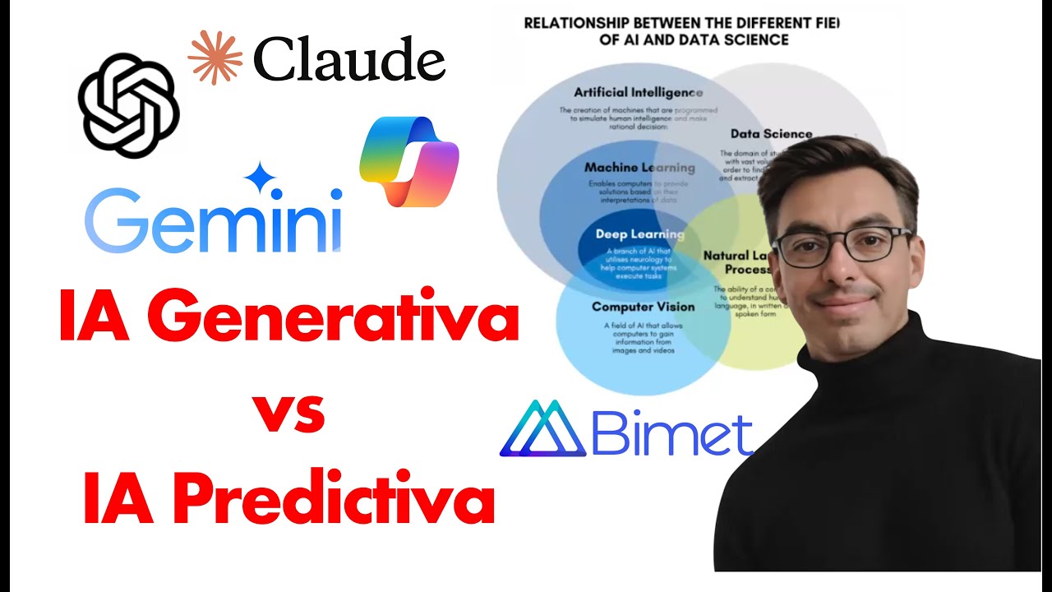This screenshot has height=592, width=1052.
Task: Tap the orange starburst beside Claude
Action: (x=215, y=58)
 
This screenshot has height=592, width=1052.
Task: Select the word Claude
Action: (x=349, y=61)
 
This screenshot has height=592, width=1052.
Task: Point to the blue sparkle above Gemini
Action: (x=262, y=178)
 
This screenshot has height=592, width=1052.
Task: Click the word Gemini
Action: (x=213, y=221)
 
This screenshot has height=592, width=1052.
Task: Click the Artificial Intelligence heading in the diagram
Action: (x=639, y=92)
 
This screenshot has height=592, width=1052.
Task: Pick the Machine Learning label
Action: (x=639, y=168)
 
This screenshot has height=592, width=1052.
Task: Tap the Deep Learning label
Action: (x=639, y=234)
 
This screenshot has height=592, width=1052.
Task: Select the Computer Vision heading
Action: (x=643, y=307)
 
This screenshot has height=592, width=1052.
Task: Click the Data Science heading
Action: (x=771, y=134)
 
